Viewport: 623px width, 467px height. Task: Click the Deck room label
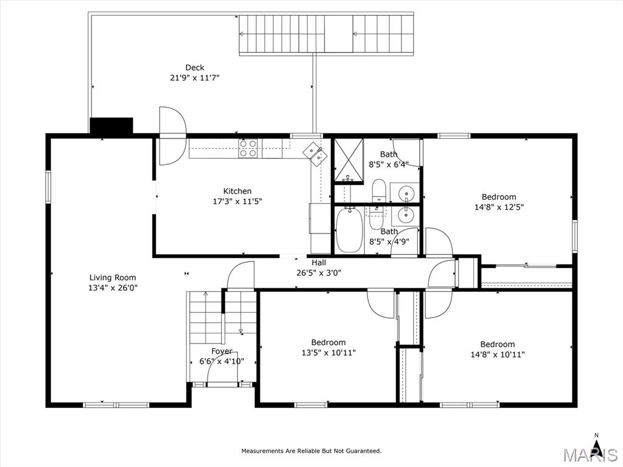195,67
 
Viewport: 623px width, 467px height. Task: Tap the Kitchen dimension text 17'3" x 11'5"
238,201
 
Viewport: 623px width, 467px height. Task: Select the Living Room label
113,277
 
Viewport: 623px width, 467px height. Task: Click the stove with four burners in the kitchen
248,148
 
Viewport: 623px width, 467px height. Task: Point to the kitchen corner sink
315,153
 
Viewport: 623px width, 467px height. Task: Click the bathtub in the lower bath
349,230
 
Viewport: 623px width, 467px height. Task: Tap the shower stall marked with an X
349,160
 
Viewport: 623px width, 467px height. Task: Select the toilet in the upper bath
379,190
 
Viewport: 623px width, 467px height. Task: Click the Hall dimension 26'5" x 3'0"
319,273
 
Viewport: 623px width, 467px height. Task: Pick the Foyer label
221,351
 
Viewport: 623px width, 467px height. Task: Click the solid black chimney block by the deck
111,125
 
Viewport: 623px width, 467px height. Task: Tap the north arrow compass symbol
596,442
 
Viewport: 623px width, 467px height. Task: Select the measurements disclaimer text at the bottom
311,451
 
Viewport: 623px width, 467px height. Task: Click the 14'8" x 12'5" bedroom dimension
499,207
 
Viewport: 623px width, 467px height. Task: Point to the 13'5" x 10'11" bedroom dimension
329,353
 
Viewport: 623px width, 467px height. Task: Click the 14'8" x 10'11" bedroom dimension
498,355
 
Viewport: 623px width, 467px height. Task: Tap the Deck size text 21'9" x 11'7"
195,78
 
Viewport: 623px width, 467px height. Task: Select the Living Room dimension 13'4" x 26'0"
113,288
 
